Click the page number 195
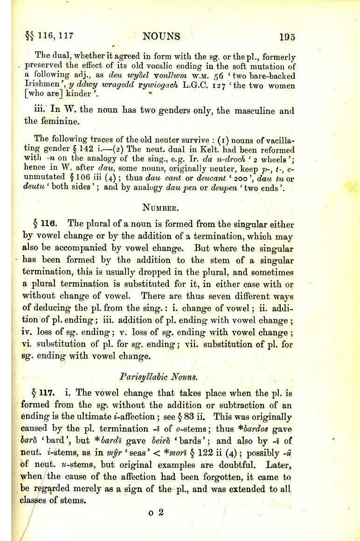point(287,37)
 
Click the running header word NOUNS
point(161,36)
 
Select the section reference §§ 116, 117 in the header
point(49,35)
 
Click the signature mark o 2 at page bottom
point(156,512)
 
